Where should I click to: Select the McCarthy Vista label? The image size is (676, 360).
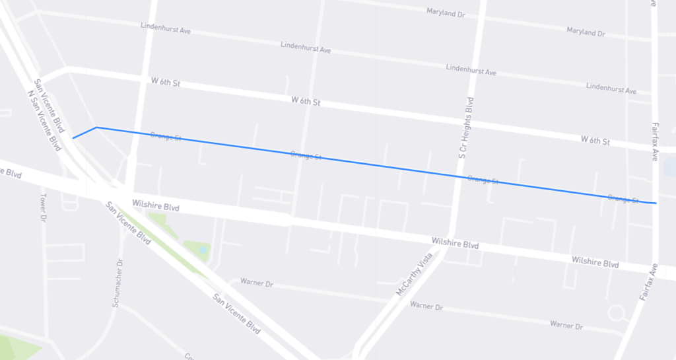click(x=415, y=274)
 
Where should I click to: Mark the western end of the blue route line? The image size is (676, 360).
click(x=73, y=138)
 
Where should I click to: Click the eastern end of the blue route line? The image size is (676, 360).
click(x=655, y=203)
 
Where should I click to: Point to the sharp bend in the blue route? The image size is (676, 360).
click(x=96, y=127)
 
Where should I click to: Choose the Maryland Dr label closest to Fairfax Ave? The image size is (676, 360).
click(x=586, y=32)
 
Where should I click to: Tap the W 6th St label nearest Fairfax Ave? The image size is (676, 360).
click(x=595, y=141)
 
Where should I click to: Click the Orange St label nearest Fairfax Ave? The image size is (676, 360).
click(x=623, y=198)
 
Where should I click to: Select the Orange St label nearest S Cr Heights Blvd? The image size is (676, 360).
click(x=483, y=179)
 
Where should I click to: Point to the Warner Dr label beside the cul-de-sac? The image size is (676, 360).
click(x=566, y=326)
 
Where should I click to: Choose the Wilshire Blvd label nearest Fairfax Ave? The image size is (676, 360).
click(x=595, y=262)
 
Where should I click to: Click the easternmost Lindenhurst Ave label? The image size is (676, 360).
click(x=611, y=88)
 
